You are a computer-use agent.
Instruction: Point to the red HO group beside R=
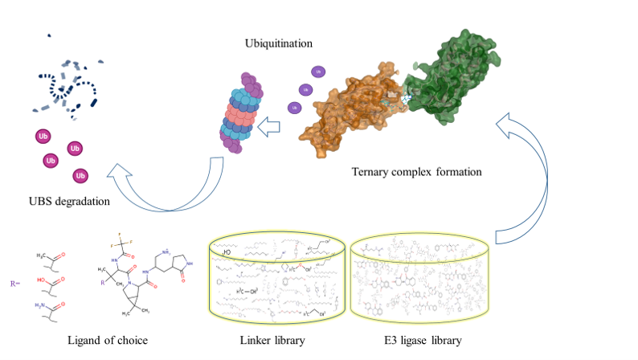42,281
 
